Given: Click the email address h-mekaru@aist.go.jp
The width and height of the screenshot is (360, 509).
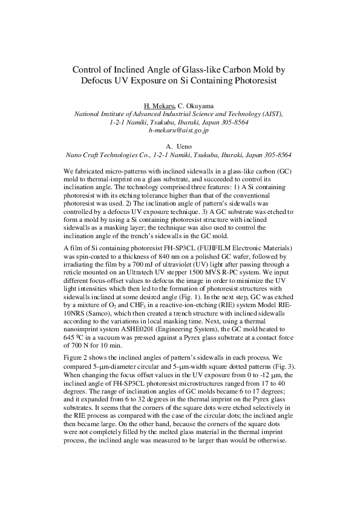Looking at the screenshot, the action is coord(178,130).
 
